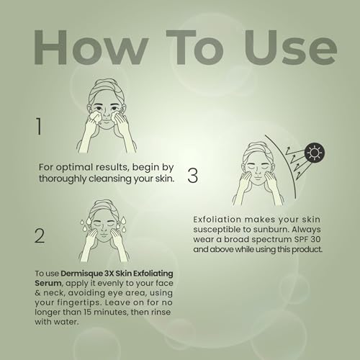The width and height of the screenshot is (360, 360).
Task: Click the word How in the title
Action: pos(90,48)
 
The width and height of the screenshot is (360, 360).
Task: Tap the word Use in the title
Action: pos(291,48)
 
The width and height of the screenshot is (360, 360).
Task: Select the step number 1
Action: pos(39,126)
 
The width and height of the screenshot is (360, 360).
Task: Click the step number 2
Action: pos(40,236)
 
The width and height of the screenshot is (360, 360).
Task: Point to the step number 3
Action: pos(192,176)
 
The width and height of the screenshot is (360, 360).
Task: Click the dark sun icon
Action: pos(315,153)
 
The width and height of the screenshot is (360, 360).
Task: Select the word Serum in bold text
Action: pos(48,283)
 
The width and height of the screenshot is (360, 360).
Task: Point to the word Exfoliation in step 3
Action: pos(217,220)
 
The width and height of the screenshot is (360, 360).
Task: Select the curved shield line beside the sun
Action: pos(290,166)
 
